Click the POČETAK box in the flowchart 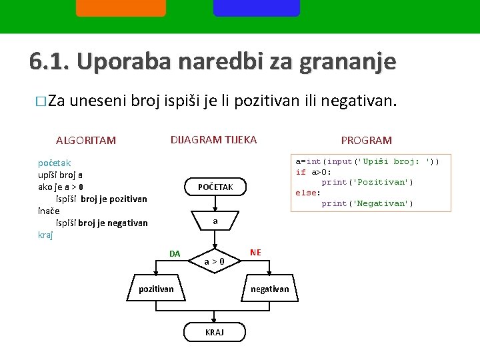tap(215, 187)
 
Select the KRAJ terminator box tap(215, 332)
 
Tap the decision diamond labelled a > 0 tap(214, 261)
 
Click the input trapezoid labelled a tap(215, 221)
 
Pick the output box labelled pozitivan tap(156, 289)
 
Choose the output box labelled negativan tap(269, 289)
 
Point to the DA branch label tap(175, 253)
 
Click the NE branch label tap(255, 252)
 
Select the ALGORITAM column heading tap(86, 141)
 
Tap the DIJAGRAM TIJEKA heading tap(213, 139)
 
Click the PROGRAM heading tap(366, 141)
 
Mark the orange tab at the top tap(121, 8)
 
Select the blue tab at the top tap(257, 8)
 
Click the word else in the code tap(308, 193)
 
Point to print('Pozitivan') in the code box tap(367, 182)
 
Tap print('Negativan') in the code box tap(367, 203)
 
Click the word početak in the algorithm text tap(55, 163)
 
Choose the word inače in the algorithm tap(50, 211)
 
